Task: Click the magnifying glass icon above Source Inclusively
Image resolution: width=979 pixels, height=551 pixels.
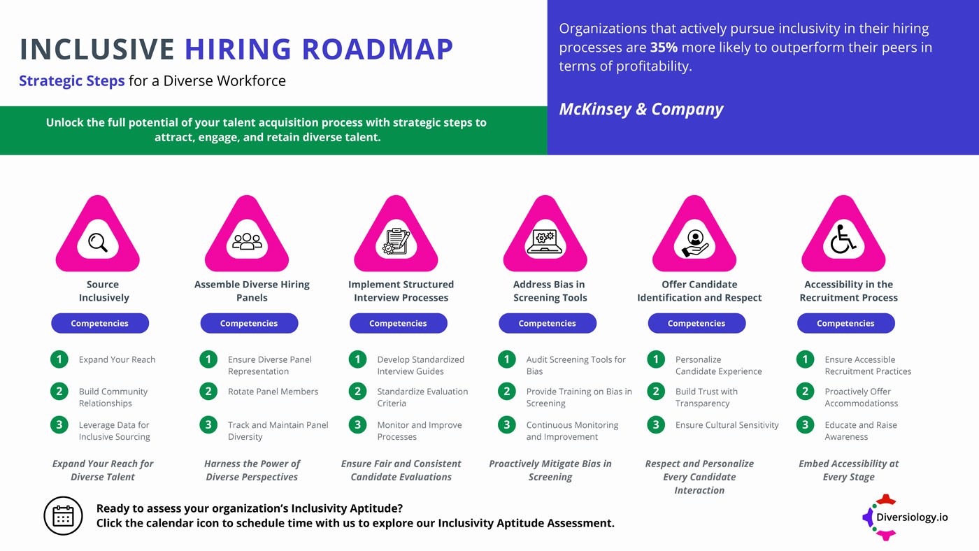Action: tap(98, 242)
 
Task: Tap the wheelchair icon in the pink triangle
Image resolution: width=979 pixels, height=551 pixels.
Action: tap(843, 242)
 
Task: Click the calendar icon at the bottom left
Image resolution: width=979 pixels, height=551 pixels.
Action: tap(63, 516)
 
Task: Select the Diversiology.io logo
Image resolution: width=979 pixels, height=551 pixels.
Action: tap(906, 517)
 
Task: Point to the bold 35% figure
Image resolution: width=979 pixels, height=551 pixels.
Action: tap(663, 48)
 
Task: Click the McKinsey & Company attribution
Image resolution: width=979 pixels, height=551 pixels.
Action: tap(641, 109)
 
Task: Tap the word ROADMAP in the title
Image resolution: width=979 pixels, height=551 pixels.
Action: tap(378, 49)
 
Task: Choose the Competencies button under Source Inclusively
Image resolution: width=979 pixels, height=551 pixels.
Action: tap(100, 323)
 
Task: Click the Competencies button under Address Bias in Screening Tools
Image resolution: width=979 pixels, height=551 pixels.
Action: tap(548, 323)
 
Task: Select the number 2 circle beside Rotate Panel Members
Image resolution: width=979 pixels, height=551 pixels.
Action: tap(208, 392)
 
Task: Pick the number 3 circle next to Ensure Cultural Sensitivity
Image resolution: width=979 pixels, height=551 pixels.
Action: tap(656, 424)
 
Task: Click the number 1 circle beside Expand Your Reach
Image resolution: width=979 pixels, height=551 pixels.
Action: tap(59, 359)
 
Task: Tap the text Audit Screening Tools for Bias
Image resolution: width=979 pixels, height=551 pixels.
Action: tap(576, 365)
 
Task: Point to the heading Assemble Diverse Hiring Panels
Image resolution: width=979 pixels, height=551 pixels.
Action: tap(252, 291)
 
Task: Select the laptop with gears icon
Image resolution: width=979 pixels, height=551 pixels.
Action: tap(545, 242)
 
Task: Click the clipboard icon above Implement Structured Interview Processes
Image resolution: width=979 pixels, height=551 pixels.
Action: tap(396, 242)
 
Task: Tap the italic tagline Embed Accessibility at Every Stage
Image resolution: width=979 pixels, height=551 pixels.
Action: tap(848, 470)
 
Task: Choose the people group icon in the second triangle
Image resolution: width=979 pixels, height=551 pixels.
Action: tap(247, 242)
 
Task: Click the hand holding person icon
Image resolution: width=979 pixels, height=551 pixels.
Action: tap(694, 242)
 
